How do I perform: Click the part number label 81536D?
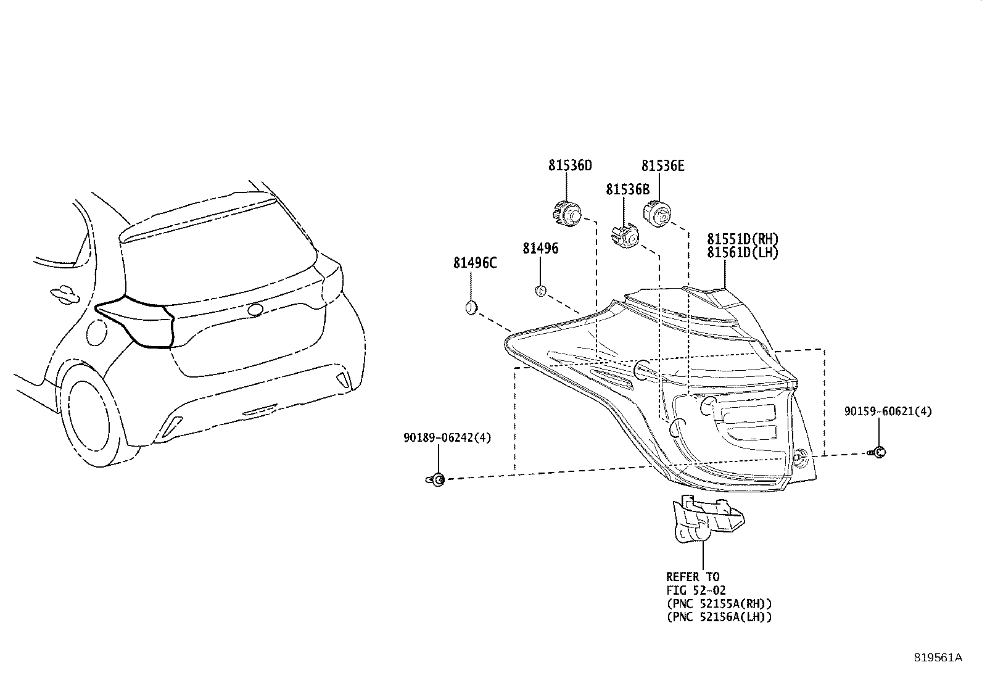click(x=570, y=165)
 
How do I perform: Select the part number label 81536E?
click(x=662, y=165)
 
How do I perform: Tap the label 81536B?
click(x=627, y=189)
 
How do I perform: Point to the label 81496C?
click(x=475, y=263)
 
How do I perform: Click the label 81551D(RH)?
click(x=743, y=239)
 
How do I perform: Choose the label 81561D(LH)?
click(x=743, y=252)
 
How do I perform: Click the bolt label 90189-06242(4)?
click(x=447, y=437)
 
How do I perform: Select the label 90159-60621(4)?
click(x=888, y=411)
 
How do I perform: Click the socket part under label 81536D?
click(x=565, y=214)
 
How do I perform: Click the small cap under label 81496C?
click(x=471, y=307)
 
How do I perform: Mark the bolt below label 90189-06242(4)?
click(x=436, y=479)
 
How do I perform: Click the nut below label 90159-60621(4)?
click(x=879, y=452)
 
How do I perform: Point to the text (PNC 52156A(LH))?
click(x=719, y=616)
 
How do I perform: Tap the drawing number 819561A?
click(x=938, y=658)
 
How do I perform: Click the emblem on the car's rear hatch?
click(x=255, y=310)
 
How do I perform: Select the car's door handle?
click(x=64, y=295)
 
